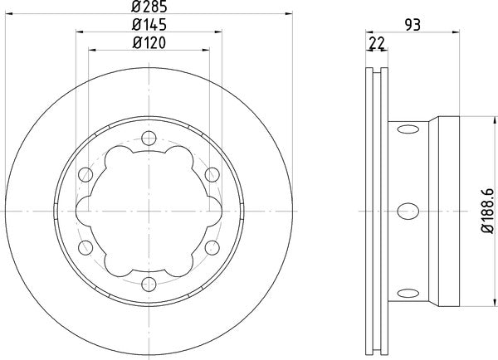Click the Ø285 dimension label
point(148,9)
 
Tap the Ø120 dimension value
point(148,44)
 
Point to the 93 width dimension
point(409,26)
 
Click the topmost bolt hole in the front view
point(149,138)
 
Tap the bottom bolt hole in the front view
point(149,282)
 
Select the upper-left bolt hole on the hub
point(85,174)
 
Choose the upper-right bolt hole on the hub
point(212,174)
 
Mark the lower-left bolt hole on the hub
point(85,246)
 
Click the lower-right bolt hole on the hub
point(212,246)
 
